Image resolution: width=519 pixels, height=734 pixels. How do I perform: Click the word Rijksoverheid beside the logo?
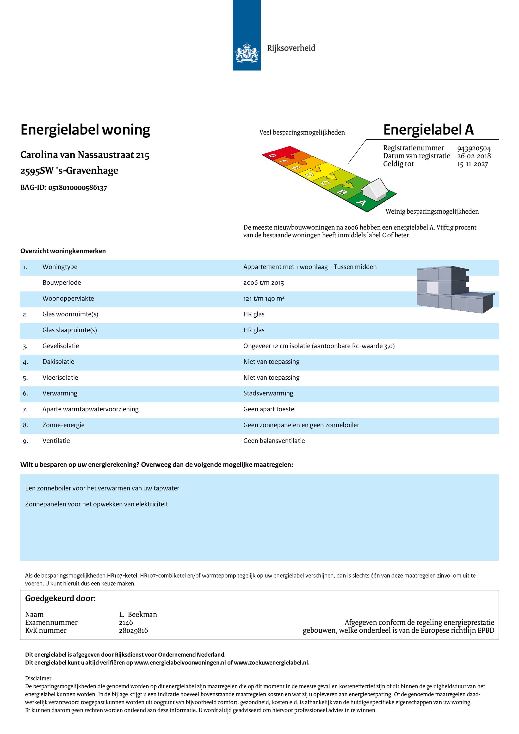[x=291, y=48]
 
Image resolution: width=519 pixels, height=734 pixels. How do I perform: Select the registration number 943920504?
[x=474, y=148]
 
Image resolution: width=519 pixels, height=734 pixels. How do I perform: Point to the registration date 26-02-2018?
[x=474, y=156]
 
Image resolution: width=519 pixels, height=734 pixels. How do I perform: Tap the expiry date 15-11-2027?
[x=472, y=164]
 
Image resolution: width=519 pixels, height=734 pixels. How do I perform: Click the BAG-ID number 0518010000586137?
[x=78, y=188]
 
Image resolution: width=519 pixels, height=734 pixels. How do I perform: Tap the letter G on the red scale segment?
[x=272, y=156]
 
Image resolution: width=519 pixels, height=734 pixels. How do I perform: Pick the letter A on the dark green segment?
[x=361, y=203]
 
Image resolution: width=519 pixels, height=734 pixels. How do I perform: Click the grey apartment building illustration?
[x=454, y=289]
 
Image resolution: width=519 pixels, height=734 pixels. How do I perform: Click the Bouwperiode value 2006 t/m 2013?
[x=264, y=283]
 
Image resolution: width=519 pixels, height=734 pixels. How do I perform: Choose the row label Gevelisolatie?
[x=61, y=346]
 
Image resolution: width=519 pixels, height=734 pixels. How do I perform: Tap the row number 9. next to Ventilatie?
[x=25, y=441]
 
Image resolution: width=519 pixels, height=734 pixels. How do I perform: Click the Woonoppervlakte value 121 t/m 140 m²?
[x=264, y=299]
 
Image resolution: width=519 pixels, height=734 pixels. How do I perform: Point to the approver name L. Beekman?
[x=138, y=614]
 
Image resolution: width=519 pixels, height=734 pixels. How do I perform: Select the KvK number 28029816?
[x=133, y=630]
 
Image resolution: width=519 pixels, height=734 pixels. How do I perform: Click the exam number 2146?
[x=126, y=623]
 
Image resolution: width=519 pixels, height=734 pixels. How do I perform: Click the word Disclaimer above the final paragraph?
[x=38, y=678]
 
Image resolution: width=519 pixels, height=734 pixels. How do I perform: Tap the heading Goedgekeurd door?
[x=61, y=598]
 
